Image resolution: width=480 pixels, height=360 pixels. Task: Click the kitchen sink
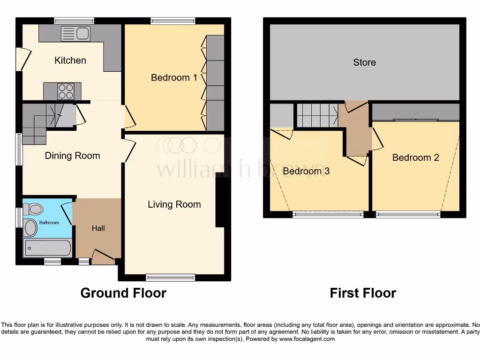[75, 34]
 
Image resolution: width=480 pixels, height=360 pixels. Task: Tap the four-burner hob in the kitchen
[66, 91]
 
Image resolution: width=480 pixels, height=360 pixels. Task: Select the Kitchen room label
[70, 60]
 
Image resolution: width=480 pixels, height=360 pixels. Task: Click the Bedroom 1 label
[174, 77]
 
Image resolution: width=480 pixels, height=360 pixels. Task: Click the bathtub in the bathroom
[47, 248]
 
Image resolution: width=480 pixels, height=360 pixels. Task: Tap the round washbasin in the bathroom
[30, 228]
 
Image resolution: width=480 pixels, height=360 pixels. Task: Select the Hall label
[98, 228]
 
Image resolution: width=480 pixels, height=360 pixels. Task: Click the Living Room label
[174, 204]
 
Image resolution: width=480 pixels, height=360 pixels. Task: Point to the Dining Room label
[72, 156]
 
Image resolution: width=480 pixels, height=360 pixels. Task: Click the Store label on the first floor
[364, 62]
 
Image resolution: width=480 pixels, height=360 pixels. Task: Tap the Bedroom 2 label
[415, 157]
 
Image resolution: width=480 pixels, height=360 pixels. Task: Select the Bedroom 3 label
[306, 171]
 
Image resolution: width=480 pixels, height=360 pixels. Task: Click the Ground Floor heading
[123, 293]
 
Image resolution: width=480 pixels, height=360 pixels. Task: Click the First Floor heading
[363, 293]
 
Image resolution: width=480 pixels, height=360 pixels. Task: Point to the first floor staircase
[316, 115]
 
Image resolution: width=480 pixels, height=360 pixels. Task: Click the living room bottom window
[170, 277]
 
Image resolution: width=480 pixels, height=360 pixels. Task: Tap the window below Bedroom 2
[408, 215]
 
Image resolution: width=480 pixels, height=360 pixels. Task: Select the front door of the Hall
[103, 257]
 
